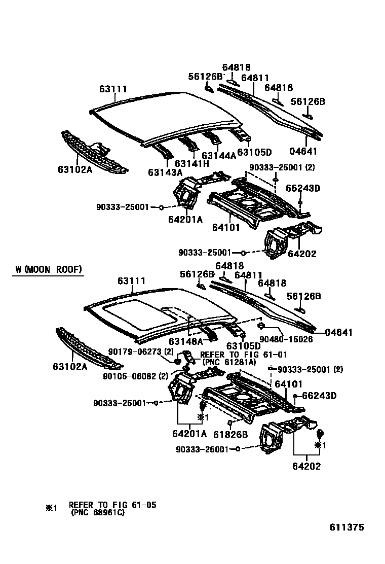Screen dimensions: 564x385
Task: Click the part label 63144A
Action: point(219,156)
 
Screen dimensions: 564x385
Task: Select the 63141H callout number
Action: point(191,163)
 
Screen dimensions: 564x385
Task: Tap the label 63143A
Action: point(165,172)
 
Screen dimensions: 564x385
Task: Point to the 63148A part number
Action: point(186,341)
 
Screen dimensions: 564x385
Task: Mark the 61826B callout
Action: point(230,434)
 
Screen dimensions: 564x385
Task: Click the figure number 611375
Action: point(346,527)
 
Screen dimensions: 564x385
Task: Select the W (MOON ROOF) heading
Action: point(48,269)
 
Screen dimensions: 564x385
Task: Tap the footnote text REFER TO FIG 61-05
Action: point(112,505)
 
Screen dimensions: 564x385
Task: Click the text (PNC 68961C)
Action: point(97,512)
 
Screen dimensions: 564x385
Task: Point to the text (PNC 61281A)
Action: point(229,362)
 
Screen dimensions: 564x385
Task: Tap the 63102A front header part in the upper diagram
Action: point(94,153)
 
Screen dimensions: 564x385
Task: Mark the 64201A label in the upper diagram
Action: point(185,219)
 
